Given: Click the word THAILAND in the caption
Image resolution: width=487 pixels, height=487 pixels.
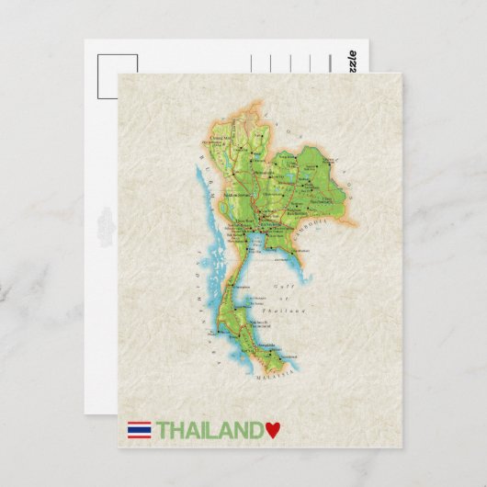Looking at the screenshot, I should [210, 429].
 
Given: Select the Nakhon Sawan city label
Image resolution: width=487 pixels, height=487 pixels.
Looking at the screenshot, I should [241, 195].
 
